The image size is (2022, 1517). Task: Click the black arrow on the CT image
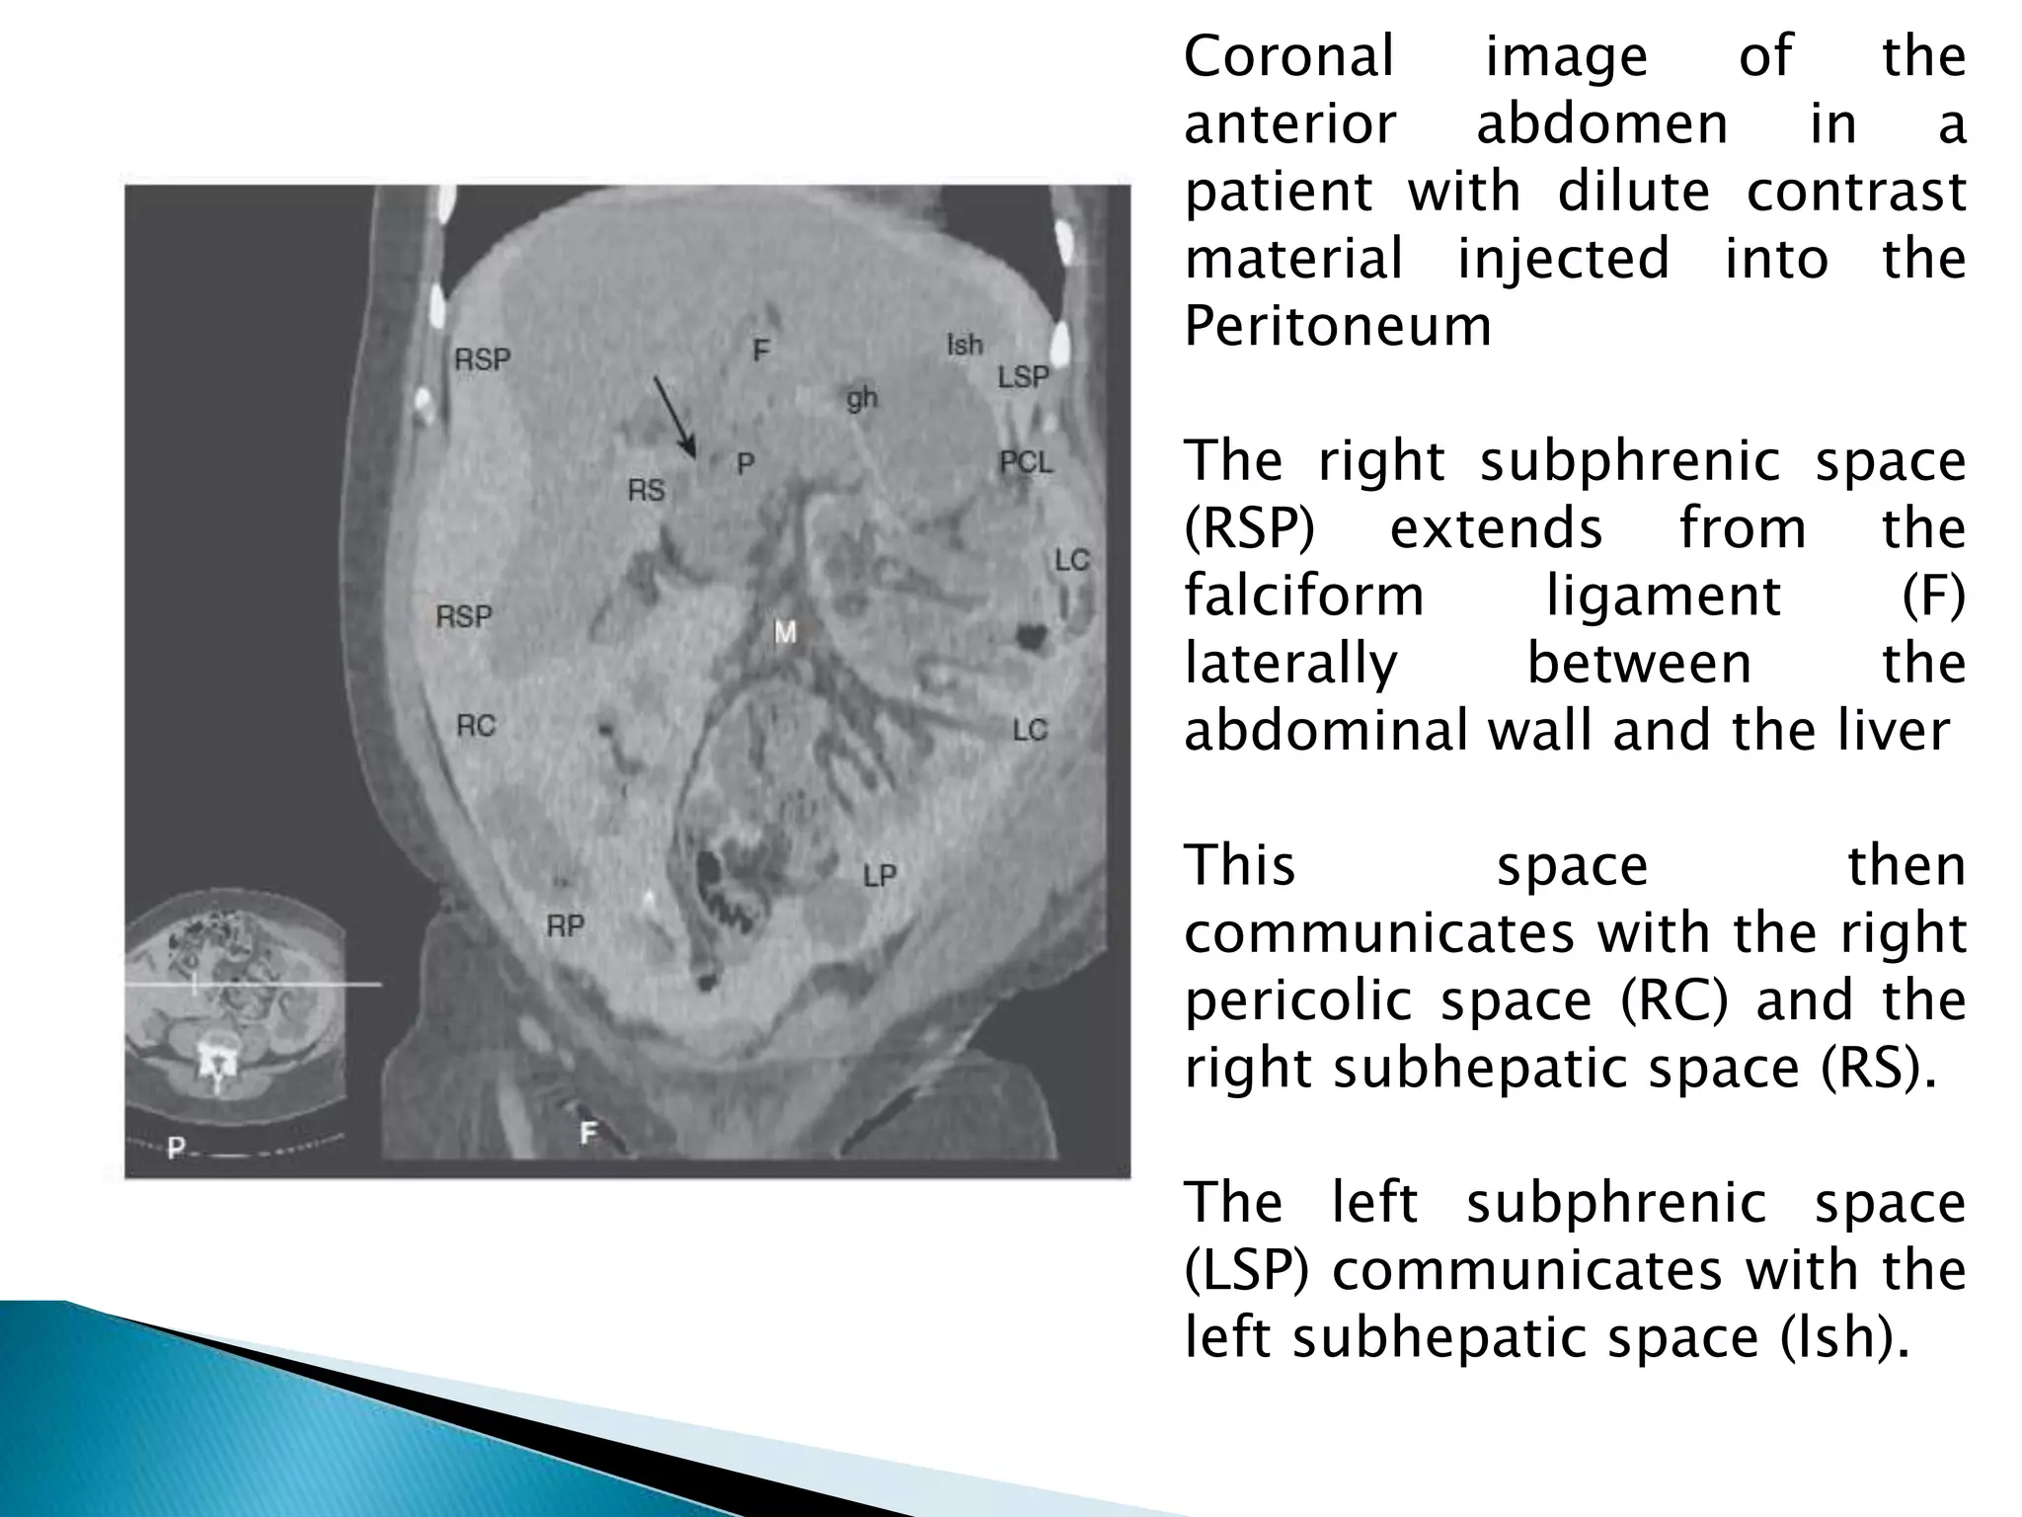(x=674, y=417)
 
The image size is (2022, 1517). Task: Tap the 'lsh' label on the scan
(x=965, y=345)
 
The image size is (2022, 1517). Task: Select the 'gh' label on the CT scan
(x=861, y=399)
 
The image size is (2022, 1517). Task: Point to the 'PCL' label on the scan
(x=1026, y=462)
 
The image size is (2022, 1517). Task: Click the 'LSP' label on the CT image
(x=1023, y=377)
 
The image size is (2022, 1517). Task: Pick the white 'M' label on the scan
(x=785, y=632)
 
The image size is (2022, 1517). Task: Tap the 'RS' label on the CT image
(x=647, y=490)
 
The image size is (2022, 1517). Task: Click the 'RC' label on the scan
(x=475, y=727)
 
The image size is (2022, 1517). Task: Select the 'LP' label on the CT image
(x=879, y=876)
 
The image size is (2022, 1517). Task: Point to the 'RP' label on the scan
(x=566, y=926)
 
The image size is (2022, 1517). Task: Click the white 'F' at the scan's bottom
(x=588, y=1133)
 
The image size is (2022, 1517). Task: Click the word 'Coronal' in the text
(x=1288, y=56)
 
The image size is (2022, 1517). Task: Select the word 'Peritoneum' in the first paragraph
(x=1338, y=326)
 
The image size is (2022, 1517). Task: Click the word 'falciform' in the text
(x=1303, y=597)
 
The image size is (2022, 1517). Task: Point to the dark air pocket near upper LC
(x=1034, y=637)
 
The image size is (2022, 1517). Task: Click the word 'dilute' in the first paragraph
(x=1632, y=191)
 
